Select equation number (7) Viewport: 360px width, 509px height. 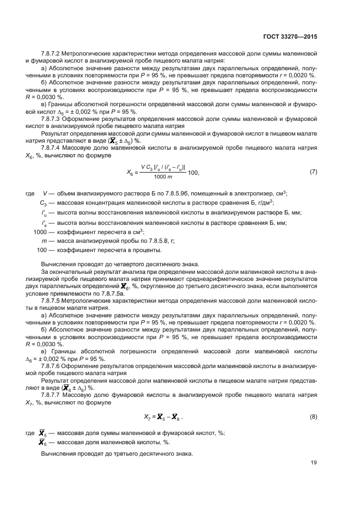click(313, 172)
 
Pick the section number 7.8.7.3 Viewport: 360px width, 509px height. click(53, 118)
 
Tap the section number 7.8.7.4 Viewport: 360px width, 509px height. click(53, 147)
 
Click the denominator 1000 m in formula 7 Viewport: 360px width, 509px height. click(163, 177)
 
